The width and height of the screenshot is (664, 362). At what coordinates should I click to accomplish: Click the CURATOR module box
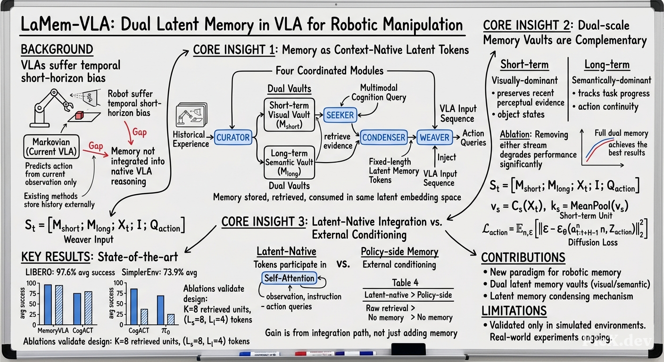pos(233,137)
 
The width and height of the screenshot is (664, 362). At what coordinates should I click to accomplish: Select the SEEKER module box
pos(340,115)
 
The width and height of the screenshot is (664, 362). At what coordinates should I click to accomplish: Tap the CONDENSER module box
pos(383,137)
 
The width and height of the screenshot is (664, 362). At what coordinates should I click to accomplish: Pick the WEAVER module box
pos(434,137)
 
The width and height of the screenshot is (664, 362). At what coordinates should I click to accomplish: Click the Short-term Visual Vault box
pos(289,115)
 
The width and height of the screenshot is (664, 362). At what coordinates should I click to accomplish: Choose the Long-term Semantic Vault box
pos(289,162)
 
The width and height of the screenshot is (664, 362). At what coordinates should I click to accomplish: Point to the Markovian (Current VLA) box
pos(51,147)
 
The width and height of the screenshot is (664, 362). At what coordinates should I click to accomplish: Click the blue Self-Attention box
pos(289,278)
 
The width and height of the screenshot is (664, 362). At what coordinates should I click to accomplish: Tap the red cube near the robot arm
pos(79,115)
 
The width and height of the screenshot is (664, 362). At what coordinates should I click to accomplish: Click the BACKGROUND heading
pos(57,49)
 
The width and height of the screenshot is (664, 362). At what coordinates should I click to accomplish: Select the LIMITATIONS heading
pos(514,311)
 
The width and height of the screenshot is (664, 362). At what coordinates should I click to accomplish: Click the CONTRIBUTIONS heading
pos(523,257)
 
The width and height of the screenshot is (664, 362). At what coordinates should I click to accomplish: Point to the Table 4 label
pos(405,283)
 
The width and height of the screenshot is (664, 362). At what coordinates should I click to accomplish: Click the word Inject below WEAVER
pos(447,157)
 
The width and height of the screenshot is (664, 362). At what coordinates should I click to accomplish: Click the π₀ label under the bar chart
pos(166,330)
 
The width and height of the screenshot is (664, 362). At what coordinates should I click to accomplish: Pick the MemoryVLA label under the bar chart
pos(53,330)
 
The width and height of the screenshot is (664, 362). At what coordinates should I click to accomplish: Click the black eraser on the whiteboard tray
pos(408,349)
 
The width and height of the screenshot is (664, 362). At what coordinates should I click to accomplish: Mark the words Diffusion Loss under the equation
pos(593,242)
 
